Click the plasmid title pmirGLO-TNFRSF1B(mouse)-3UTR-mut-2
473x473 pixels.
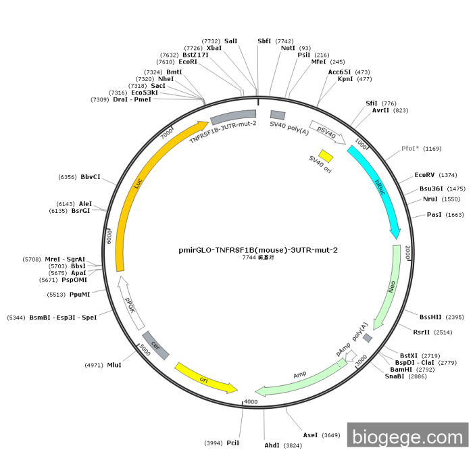tap(258, 249)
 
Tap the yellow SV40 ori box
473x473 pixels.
tap(326, 156)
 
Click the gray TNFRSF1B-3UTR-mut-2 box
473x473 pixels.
tap(233, 116)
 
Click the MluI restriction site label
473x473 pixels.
tap(114, 365)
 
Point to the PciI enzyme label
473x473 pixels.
tap(233, 443)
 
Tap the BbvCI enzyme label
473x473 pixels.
tap(91, 177)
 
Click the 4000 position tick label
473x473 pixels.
tap(251, 402)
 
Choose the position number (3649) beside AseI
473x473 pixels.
tap(330, 435)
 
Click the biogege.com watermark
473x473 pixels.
tap(407, 437)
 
